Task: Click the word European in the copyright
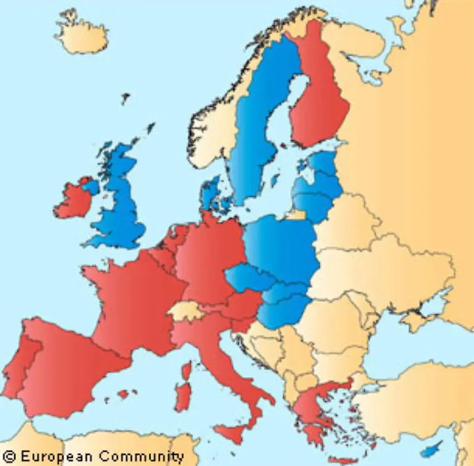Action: (52, 457)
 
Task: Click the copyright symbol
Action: (8, 457)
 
